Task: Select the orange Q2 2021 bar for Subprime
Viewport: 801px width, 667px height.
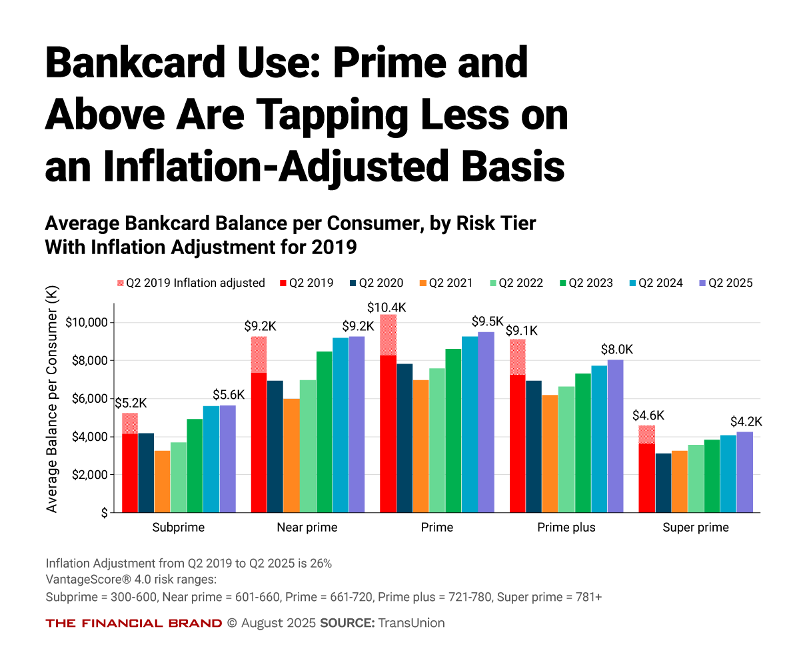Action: [162, 481]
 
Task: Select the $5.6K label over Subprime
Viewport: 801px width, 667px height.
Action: [229, 394]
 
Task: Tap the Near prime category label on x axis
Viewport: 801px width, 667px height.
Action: [307, 528]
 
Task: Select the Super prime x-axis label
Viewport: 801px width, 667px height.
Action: [695, 528]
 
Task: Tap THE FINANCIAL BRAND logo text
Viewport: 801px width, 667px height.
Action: [133, 623]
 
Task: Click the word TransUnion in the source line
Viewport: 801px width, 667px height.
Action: [411, 623]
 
